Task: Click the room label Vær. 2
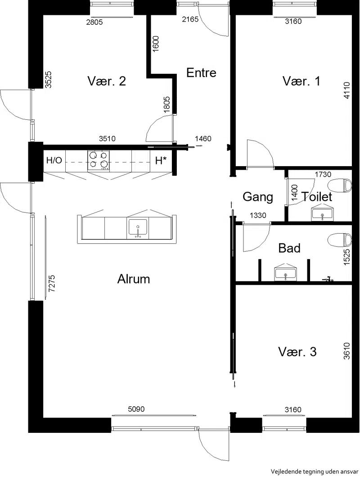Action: pyautogui.click(x=107, y=81)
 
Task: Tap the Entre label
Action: pyautogui.click(x=201, y=73)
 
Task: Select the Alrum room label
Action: pyautogui.click(x=134, y=279)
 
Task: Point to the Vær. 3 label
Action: pyautogui.click(x=297, y=352)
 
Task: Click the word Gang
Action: pyautogui.click(x=257, y=197)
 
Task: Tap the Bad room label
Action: pyautogui.click(x=289, y=248)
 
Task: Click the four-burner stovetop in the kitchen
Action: pyautogui.click(x=99, y=160)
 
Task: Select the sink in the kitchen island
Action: pyautogui.click(x=138, y=227)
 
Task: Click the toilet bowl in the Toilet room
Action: pyautogui.click(x=340, y=186)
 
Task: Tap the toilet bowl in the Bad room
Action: pyautogui.click(x=340, y=240)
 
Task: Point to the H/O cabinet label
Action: pyautogui.click(x=54, y=160)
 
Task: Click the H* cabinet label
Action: pyautogui.click(x=161, y=160)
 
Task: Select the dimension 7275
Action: pyautogui.click(x=52, y=283)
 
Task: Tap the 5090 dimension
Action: pyautogui.click(x=136, y=409)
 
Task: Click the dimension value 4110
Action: pyautogui.click(x=346, y=90)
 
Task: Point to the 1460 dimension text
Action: pyautogui.click(x=203, y=139)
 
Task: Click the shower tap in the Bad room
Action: pyautogui.click(x=328, y=278)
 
